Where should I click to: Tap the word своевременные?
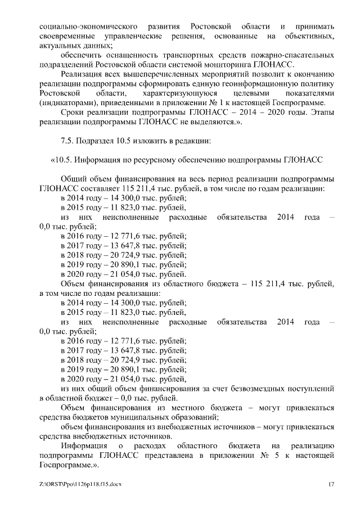pos(66,36)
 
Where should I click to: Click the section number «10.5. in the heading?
pos(63,159)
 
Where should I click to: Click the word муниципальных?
pos(146,417)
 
